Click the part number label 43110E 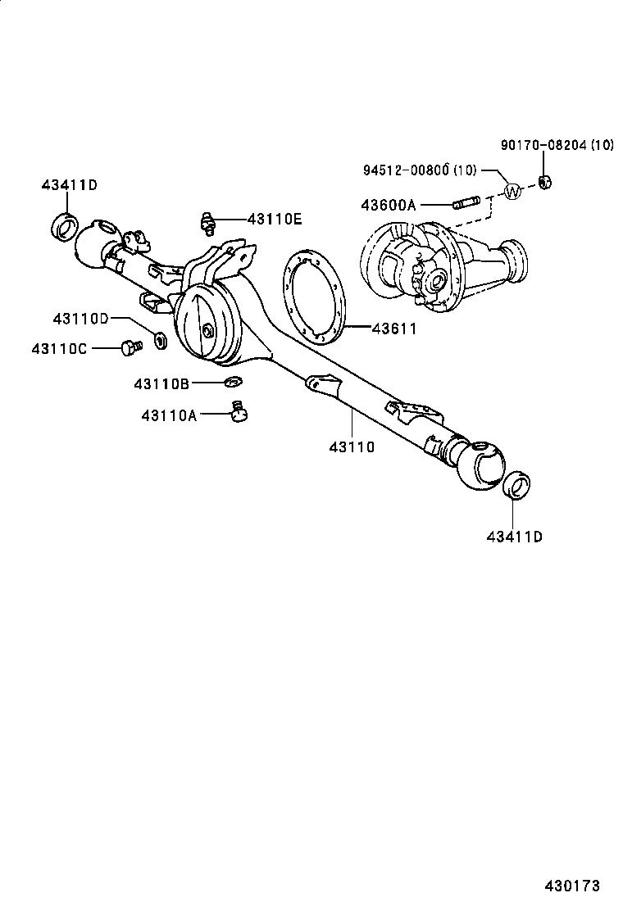point(275,219)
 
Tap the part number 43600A point(388,205)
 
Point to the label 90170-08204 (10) point(557,146)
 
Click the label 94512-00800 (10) point(417,170)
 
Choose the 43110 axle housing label point(352,446)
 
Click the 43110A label point(169,415)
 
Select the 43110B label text point(162,383)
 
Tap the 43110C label point(59,348)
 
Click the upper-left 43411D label point(69,185)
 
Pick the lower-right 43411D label point(514,537)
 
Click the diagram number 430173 point(573,886)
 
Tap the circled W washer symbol point(512,192)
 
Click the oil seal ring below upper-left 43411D point(65,225)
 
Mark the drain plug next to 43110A point(239,412)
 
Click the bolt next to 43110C point(129,348)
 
